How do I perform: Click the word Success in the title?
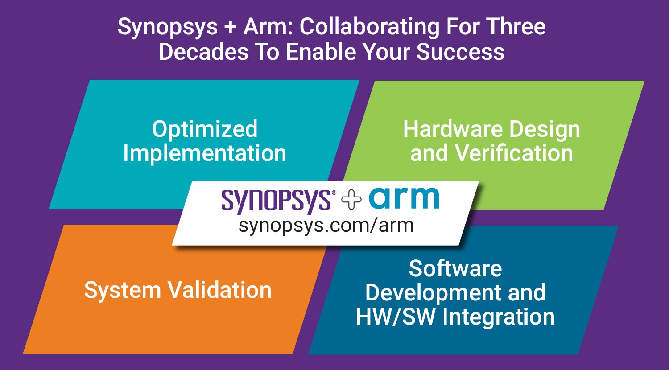pyautogui.click(x=460, y=52)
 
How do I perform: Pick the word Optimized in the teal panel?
pyautogui.click(x=205, y=129)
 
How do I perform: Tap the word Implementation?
pyautogui.click(x=205, y=153)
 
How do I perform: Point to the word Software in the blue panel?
pyautogui.click(x=455, y=269)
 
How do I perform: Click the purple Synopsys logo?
pyautogui.click(x=276, y=201)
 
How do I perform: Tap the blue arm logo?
pyautogui.click(x=404, y=198)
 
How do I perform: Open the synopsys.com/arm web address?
pyautogui.click(x=326, y=225)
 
